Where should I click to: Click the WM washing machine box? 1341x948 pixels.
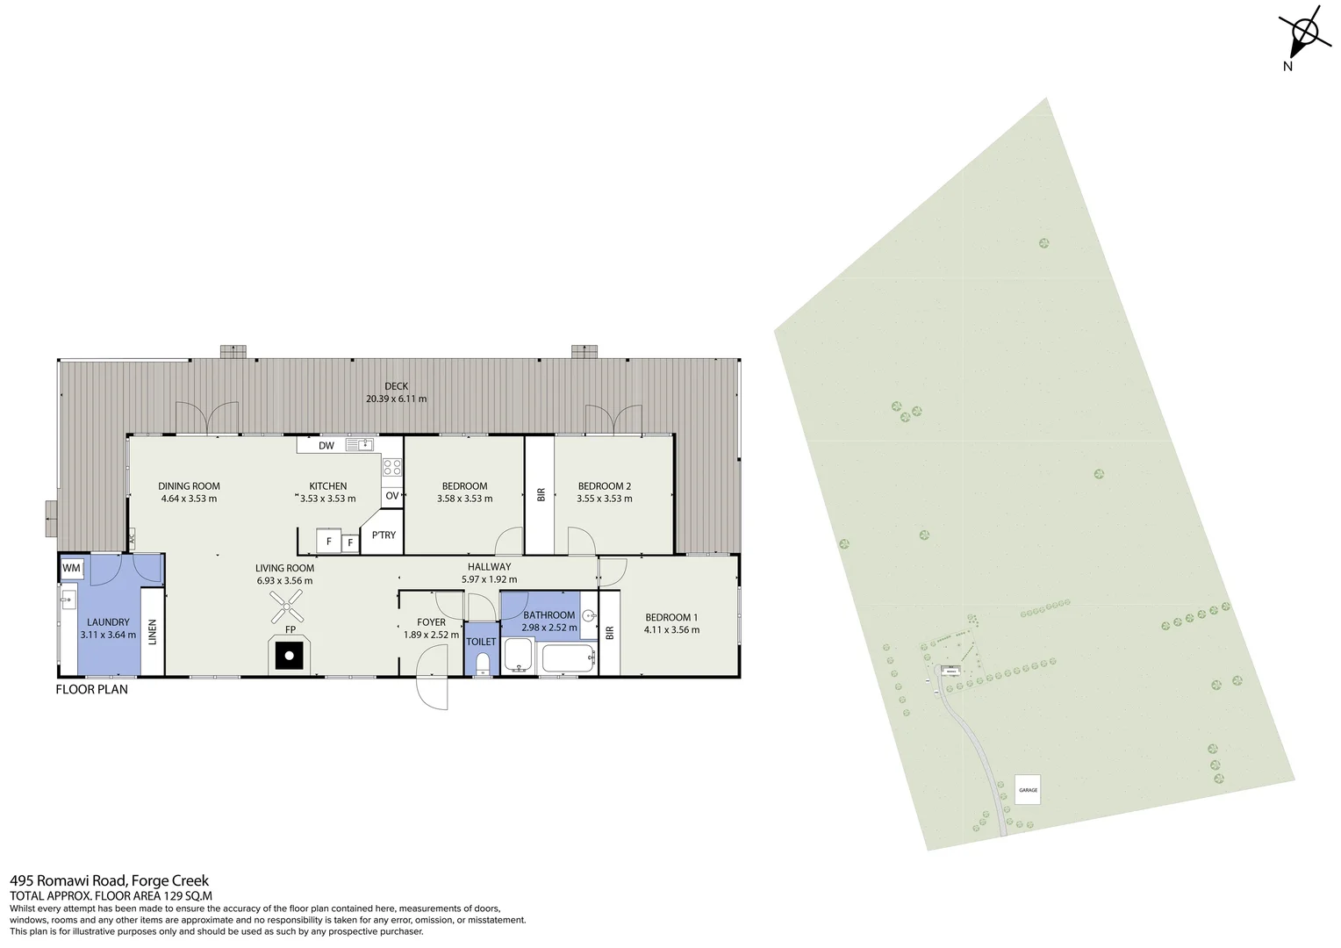[x=71, y=569]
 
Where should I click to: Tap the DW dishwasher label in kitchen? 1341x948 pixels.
[x=326, y=446]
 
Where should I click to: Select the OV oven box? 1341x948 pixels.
[x=392, y=496]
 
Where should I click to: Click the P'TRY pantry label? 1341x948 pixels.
[x=384, y=535]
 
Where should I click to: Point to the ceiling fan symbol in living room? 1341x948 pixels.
[x=286, y=606]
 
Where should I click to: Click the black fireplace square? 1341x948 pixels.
[x=288, y=655]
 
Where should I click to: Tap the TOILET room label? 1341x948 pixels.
[x=481, y=642]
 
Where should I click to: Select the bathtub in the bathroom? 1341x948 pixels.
[x=567, y=658]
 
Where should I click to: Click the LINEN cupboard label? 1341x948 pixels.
[x=153, y=632]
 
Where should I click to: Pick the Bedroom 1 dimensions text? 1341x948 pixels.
[x=671, y=629]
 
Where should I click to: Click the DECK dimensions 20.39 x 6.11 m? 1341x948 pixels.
[x=396, y=399]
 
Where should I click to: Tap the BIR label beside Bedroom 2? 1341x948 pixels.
[x=541, y=495]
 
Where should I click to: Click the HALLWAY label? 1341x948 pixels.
[x=489, y=567]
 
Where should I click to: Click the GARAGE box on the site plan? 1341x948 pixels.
[x=1028, y=790]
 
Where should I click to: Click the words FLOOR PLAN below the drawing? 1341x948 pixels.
[x=91, y=689]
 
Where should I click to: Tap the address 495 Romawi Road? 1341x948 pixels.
[x=68, y=880]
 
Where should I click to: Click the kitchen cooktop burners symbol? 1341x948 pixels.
[x=392, y=468]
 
